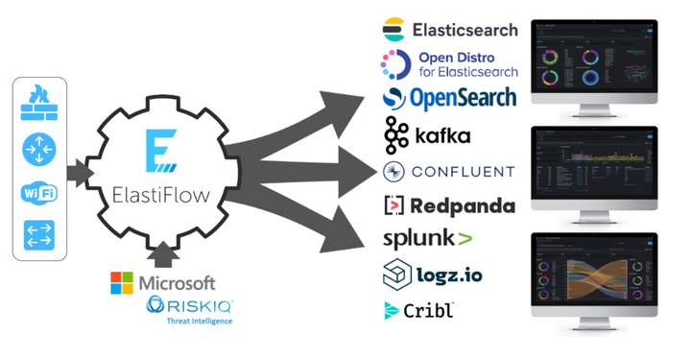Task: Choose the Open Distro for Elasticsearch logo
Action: [451, 64]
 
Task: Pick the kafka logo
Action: [428, 133]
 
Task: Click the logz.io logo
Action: [433, 276]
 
